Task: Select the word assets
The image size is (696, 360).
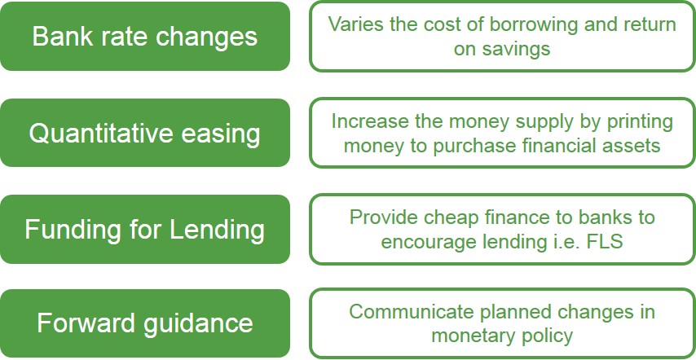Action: (x=631, y=146)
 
